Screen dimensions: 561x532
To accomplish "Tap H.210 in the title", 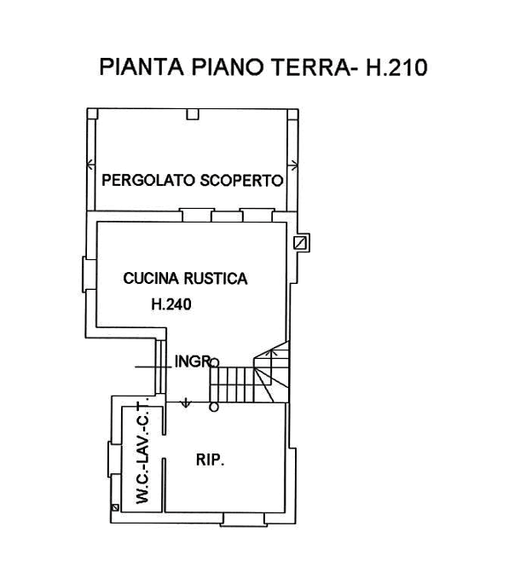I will click(x=396, y=67).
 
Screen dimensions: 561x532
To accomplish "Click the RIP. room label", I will click(x=209, y=460).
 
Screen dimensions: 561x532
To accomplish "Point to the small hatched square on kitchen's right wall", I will click(x=301, y=244).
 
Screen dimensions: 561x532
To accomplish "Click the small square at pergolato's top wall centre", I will click(x=192, y=114).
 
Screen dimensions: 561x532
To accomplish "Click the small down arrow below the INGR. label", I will click(x=184, y=399).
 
